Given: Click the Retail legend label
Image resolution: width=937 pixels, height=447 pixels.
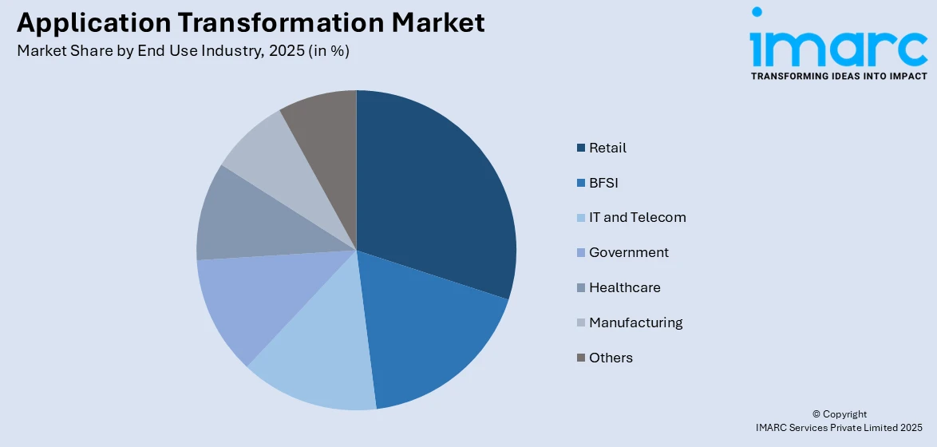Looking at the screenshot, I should [x=607, y=148].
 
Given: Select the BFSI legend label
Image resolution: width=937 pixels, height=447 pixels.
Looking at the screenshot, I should [x=603, y=183].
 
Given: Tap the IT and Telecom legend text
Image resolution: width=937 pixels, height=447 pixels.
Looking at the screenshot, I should [x=637, y=217].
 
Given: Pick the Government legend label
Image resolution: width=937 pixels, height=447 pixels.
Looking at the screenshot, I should [x=628, y=252].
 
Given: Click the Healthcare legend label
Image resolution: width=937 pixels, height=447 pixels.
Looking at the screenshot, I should [x=624, y=287].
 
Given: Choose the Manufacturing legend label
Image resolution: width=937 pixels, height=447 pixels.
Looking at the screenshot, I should [x=635, y=322].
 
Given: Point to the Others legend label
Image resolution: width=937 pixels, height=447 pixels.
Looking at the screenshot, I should [x=611, y=358].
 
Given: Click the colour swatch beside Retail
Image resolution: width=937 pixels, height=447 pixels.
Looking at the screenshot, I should [x=581, y=148].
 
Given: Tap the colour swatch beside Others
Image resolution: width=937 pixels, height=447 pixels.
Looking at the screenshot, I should [x=581, y=358].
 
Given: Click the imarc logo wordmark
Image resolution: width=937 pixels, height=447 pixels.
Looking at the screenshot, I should [x=838, y=44].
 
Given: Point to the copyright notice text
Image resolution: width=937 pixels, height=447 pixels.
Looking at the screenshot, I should [x=839, y=421].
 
